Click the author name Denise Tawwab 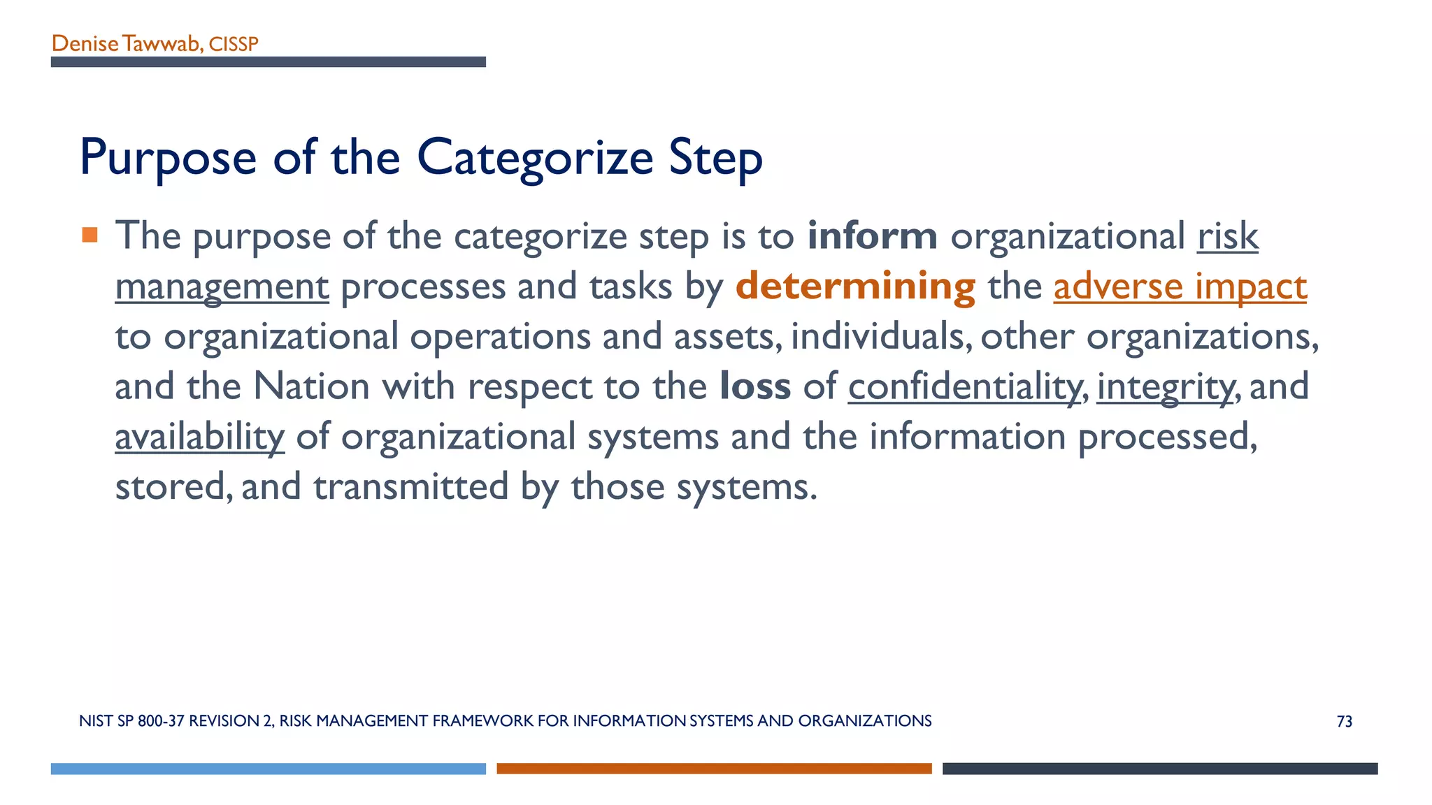(x=127, y=44)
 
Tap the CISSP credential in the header (x=234, y=45)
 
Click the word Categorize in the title (x=534, y=158)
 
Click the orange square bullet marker (x=89, y=235)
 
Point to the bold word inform (x=871, y=235)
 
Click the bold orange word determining (x=854, y=287)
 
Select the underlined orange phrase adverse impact (x=1180, y=287)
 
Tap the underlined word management (x=222, y=287)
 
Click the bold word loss (x=754, y=386)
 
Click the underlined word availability (x=199, y=437)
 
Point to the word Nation (x=310, y=386)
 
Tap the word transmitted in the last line (x=410, y=487)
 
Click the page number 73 (x=1344, y=722)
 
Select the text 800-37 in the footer (x=162, y=721)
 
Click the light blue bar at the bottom (x=268, y=769)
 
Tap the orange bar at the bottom (x=714, y=769)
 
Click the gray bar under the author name (x=268, y=62)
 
